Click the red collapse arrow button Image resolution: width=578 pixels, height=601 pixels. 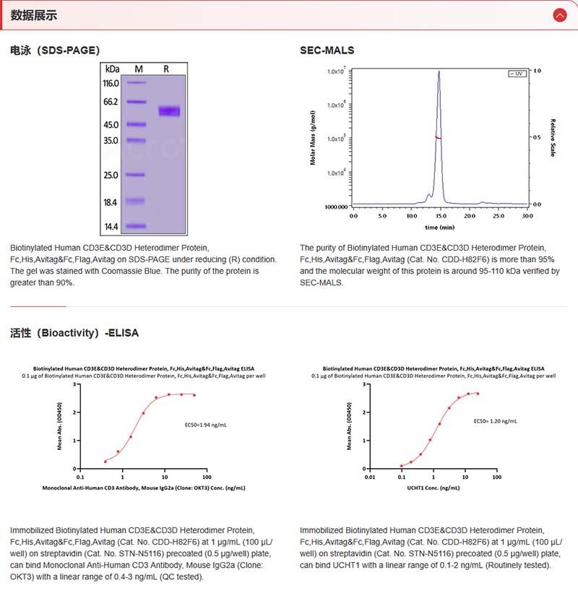(559, 14)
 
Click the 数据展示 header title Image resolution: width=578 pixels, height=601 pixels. (34, 15)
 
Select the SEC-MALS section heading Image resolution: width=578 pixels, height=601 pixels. (327, 51)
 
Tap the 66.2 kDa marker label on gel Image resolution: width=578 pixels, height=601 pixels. (111, 102)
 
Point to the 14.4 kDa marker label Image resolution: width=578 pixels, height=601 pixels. (111, 226)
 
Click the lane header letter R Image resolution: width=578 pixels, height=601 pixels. (166, 69)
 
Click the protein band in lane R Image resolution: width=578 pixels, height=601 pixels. (169, 111)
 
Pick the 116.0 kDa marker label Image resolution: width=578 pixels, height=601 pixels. (111, 84)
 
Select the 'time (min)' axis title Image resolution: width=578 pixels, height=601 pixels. (439, 227)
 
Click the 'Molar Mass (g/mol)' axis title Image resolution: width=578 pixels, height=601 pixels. (313, 138)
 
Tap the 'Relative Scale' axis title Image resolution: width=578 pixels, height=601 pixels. (553, 138)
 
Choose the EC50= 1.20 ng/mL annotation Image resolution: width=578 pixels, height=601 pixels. (495, 420)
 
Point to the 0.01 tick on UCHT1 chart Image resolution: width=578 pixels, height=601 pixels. (369, 477)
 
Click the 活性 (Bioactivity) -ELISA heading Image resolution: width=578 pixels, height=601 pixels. (74, 333)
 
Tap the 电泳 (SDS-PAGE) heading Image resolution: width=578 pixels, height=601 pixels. (55, 51)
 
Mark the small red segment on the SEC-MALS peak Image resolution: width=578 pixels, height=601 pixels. (438, 137)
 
